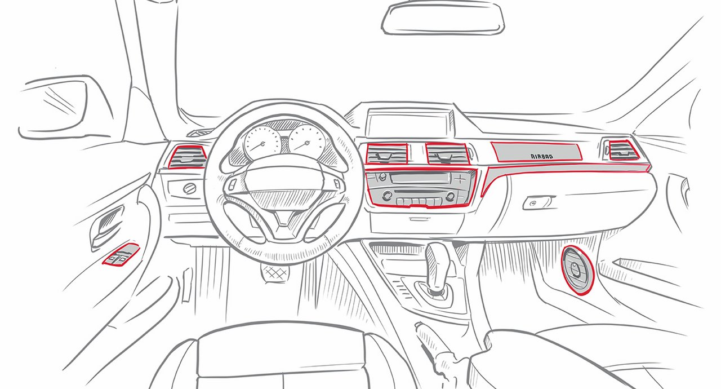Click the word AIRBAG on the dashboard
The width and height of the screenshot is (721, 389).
tap(542, 156)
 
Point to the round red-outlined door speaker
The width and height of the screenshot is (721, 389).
tap(577, 270)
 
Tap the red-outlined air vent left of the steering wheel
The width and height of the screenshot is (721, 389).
tap(188, 157)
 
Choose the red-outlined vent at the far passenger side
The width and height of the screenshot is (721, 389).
tap(621, 151)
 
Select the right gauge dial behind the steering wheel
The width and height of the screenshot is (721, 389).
tap(307, 141)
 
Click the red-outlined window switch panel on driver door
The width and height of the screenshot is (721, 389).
tap(121, 254)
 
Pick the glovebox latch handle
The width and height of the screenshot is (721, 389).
tap(537, 203)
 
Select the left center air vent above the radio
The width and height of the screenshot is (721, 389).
tap(387, 153)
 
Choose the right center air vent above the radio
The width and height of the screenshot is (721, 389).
tap(447, 153)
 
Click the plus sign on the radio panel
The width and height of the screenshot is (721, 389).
tap(460, 178)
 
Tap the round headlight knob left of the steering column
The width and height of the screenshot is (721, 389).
tap(190, 188)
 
